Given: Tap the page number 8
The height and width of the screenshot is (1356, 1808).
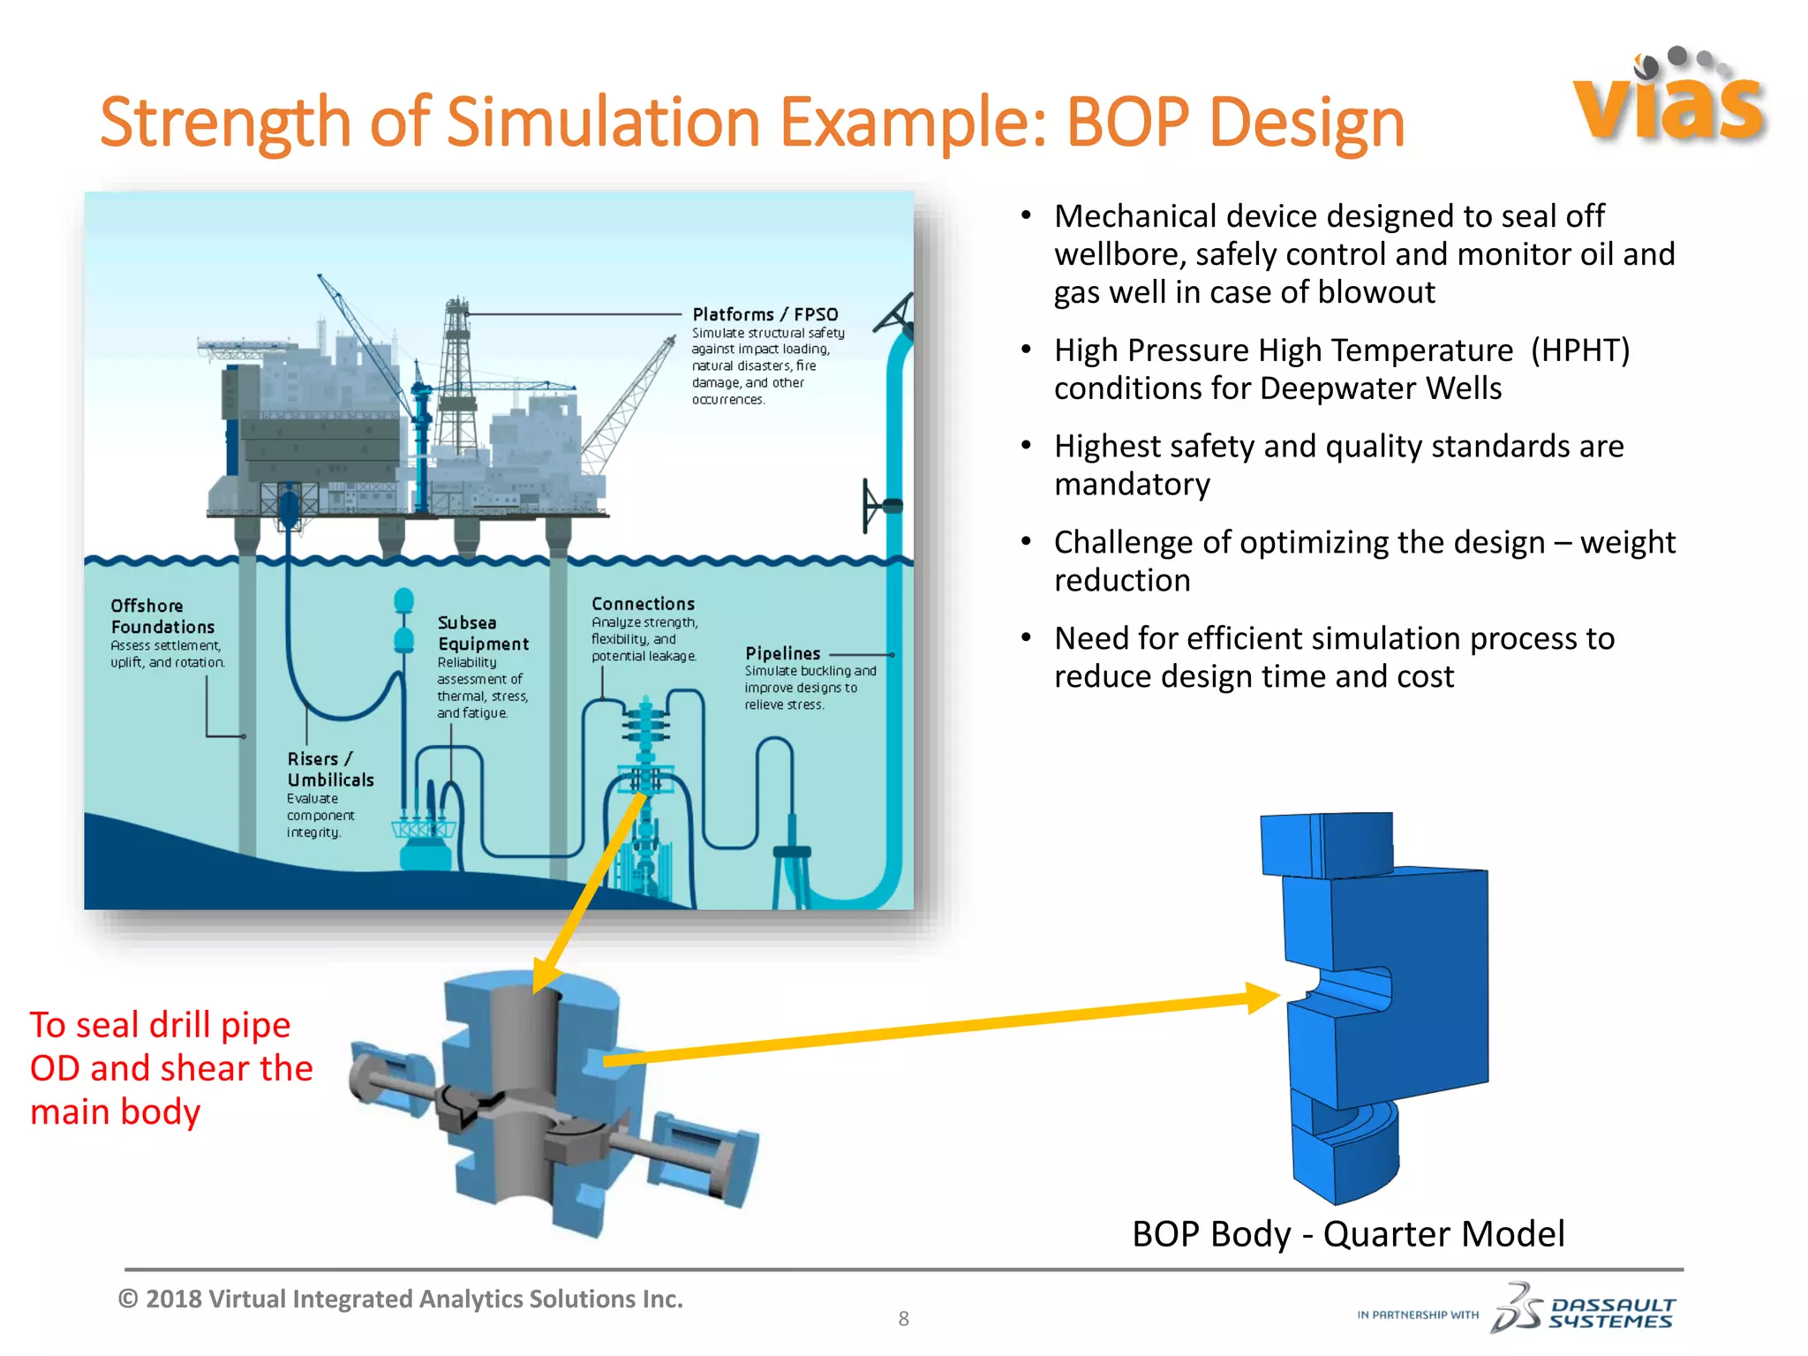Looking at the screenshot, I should (x=903, y=1319).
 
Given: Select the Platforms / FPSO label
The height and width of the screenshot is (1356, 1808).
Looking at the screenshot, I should (x=765, y=314).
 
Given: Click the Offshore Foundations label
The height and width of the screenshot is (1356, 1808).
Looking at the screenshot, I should (x=162, y=616).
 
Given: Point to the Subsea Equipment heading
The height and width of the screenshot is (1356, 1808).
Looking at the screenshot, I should (x=482, y=633).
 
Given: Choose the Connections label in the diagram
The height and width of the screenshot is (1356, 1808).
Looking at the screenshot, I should (x=643, y=604).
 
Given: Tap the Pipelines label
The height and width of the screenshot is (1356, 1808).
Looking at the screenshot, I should (x=782, y=653).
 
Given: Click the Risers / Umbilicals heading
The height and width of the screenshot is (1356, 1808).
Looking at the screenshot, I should (x=329, y=769).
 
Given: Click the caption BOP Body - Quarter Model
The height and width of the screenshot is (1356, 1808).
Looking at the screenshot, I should (x=1347, y=1233).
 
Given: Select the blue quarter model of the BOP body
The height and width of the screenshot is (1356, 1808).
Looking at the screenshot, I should (x=1377, y=1006).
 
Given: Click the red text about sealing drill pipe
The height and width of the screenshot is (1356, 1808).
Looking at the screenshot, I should (x=170, y=1068).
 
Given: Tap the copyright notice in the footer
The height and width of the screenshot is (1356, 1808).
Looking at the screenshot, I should (x=401, y=1299).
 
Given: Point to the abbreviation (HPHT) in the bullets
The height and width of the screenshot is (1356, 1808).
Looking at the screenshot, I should (x=1579, y=350).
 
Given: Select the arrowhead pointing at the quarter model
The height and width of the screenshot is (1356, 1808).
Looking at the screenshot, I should (x=1262, y=998).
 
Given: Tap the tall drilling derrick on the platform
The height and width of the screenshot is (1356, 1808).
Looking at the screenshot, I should (x=457, y=371).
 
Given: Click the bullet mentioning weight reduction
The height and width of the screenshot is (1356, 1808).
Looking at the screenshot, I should (x=1364, y=561).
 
